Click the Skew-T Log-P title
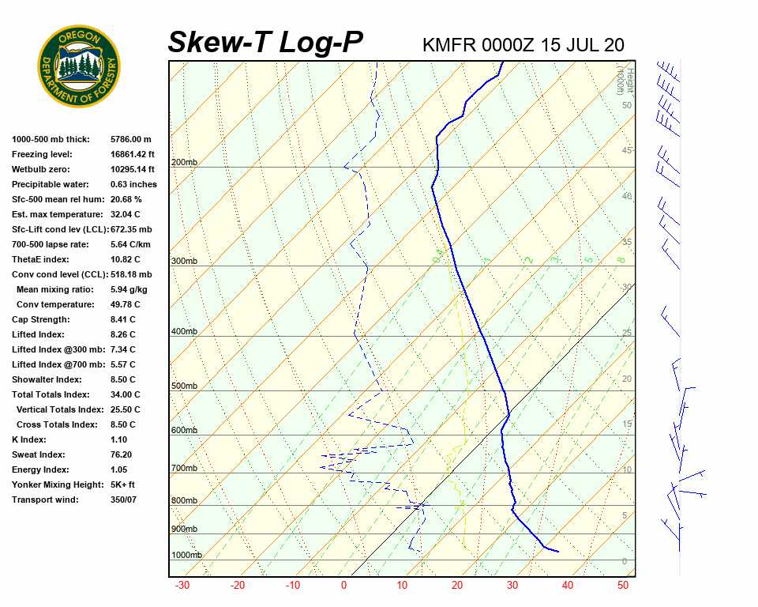[265, 43]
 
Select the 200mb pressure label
[184, 163]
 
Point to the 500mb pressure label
[184, 386]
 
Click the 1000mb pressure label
[186, 555]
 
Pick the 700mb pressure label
[184, 469]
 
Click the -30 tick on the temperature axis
[182, 586]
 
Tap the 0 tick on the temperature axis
[343, 586]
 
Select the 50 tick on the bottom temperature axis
[623, 586]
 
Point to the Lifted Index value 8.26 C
[122, 334]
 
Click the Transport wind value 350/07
[124, 500]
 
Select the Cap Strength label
[40, 319]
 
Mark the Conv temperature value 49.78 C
[126, 304]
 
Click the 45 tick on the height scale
[627, 151]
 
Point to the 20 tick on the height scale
[627, 379]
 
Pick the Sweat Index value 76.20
[122, 454]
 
